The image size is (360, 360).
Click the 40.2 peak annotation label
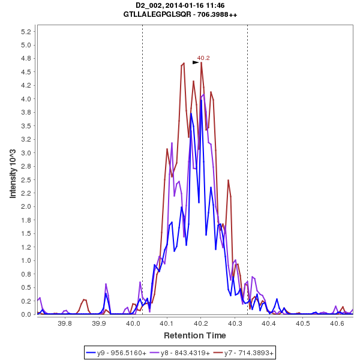(x=203, y=58)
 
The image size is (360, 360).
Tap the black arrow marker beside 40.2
(x=196, y=62)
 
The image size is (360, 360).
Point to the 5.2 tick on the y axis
(x=26, y=31)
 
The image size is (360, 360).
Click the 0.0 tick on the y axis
(x=26, y=314)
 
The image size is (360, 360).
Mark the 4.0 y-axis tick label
(x=26, y=98)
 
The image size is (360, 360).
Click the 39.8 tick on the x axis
(x=65, y=323)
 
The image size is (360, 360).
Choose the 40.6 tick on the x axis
(x=337, y=323)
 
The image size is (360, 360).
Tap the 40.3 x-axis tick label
(x=235, y=323)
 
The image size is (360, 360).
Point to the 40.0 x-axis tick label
(x=133, y=323)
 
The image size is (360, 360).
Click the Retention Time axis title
(x=195, y=335)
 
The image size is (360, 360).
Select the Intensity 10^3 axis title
(x=13, y=173)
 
